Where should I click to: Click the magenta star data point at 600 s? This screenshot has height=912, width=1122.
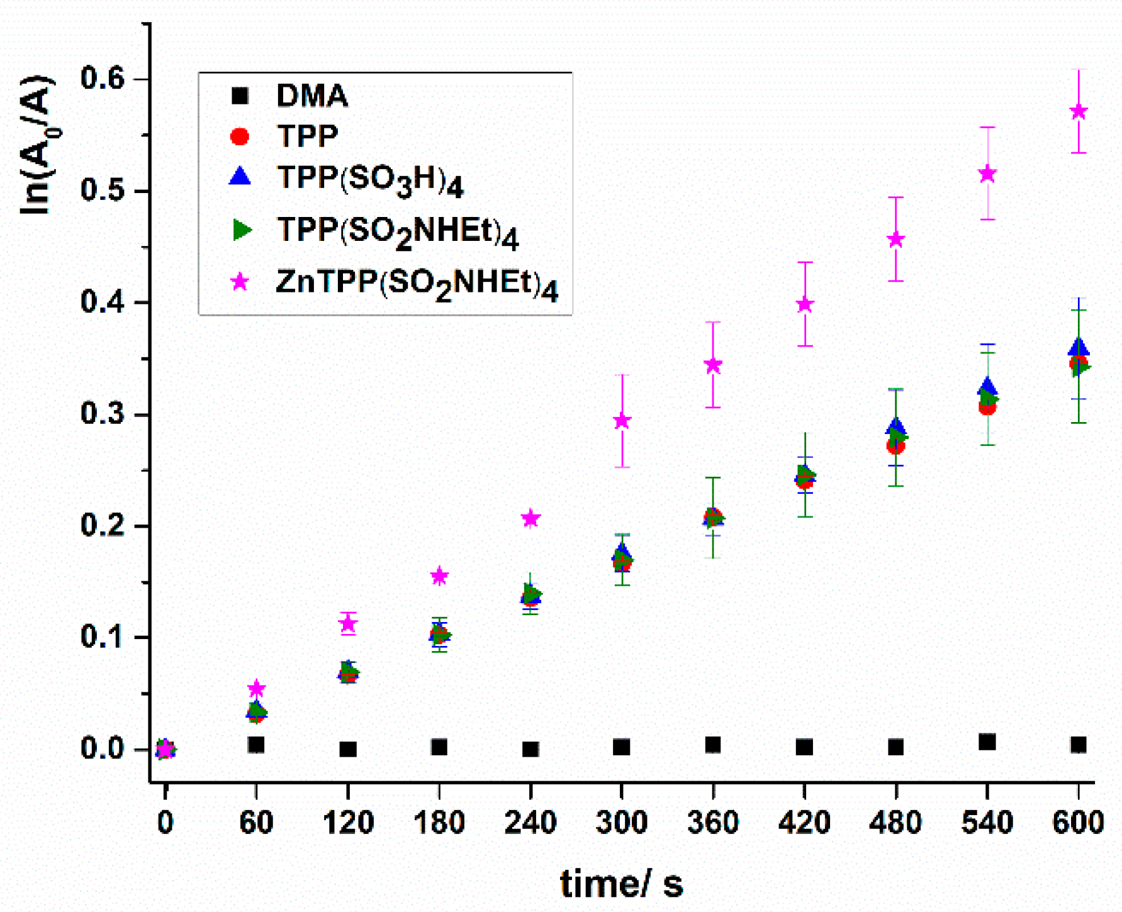(x=1079, y=111)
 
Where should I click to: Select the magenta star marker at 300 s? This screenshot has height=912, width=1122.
(x=622, y=420)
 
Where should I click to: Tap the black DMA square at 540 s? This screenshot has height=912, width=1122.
(x=987, y=742)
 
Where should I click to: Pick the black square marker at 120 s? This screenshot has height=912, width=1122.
(x=348, y=749)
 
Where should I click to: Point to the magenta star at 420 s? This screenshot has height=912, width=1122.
(x=805, y=304)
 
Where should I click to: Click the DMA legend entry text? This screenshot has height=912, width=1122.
(x=312, y=96)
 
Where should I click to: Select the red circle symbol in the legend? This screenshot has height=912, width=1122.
(x=240, y=136)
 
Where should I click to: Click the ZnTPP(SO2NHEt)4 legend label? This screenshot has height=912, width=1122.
(x=417, y=284)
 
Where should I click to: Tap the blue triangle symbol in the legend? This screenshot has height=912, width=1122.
(x=240, y=176)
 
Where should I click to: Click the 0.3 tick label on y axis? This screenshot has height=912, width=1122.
(x=103, y=414)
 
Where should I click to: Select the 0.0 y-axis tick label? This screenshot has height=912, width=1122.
(x=103, y=749)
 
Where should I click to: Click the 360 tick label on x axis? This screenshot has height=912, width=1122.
(x=712, y=823)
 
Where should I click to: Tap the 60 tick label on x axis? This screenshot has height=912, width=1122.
(x=256, y=823)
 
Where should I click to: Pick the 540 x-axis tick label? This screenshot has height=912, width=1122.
(x=987, y=823)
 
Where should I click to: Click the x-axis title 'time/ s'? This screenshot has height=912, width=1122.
(x=621, y=883)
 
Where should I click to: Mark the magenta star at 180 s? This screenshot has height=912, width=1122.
(x=439, y=576)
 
